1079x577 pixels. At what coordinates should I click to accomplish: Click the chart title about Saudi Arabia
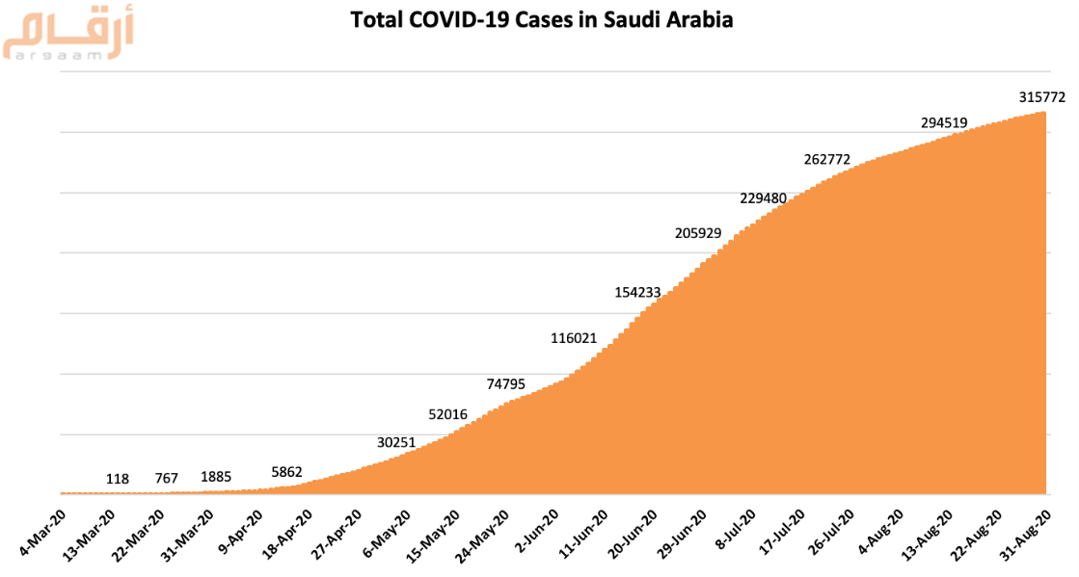tap(541, 19)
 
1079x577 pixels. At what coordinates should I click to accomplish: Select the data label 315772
tap(1041, 97)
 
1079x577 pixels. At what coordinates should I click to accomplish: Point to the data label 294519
tap(944, 122)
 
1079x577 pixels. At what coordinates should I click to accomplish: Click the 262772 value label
tap(826, 159)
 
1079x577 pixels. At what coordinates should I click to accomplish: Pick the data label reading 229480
tap(764, 197)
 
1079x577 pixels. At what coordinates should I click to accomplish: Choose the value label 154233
tap(638, 292)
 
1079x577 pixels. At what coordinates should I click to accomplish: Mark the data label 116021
tap(574, 338)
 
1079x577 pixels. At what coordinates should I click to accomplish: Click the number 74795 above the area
tap(505, 383)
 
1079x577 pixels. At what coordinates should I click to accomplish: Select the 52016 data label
tap(447, 414)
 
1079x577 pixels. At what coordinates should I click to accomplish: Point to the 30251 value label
tap(396, 442)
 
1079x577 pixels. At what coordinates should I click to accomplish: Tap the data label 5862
tap(286, 472)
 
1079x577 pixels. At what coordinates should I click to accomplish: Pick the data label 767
tap(167, 479)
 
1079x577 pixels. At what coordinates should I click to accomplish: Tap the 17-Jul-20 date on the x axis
tap(782, 536)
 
